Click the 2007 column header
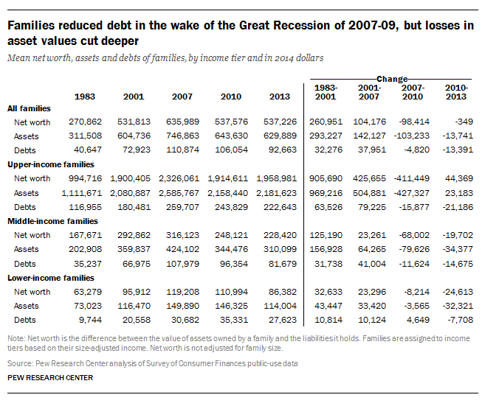(x=182, y=97)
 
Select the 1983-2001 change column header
(x=326, y=92)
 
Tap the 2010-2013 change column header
(x=456, y=92)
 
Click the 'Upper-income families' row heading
(x=51, y=164)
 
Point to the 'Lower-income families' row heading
(x=51, y=278)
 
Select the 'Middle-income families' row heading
(x=53, y=221)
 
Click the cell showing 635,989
(x=182, y=122)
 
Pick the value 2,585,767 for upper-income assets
(x=179, y=193)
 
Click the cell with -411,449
(x=412, y=178)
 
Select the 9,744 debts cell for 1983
(x=90, y=320)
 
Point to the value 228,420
(x=280, y=235)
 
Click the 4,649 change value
(x=418, y=320)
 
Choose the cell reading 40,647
(x=88, y=150)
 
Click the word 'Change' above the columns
(x=392, y=79)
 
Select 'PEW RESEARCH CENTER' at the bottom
(x=50, y=378)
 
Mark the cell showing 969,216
(x=326, y=193)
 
